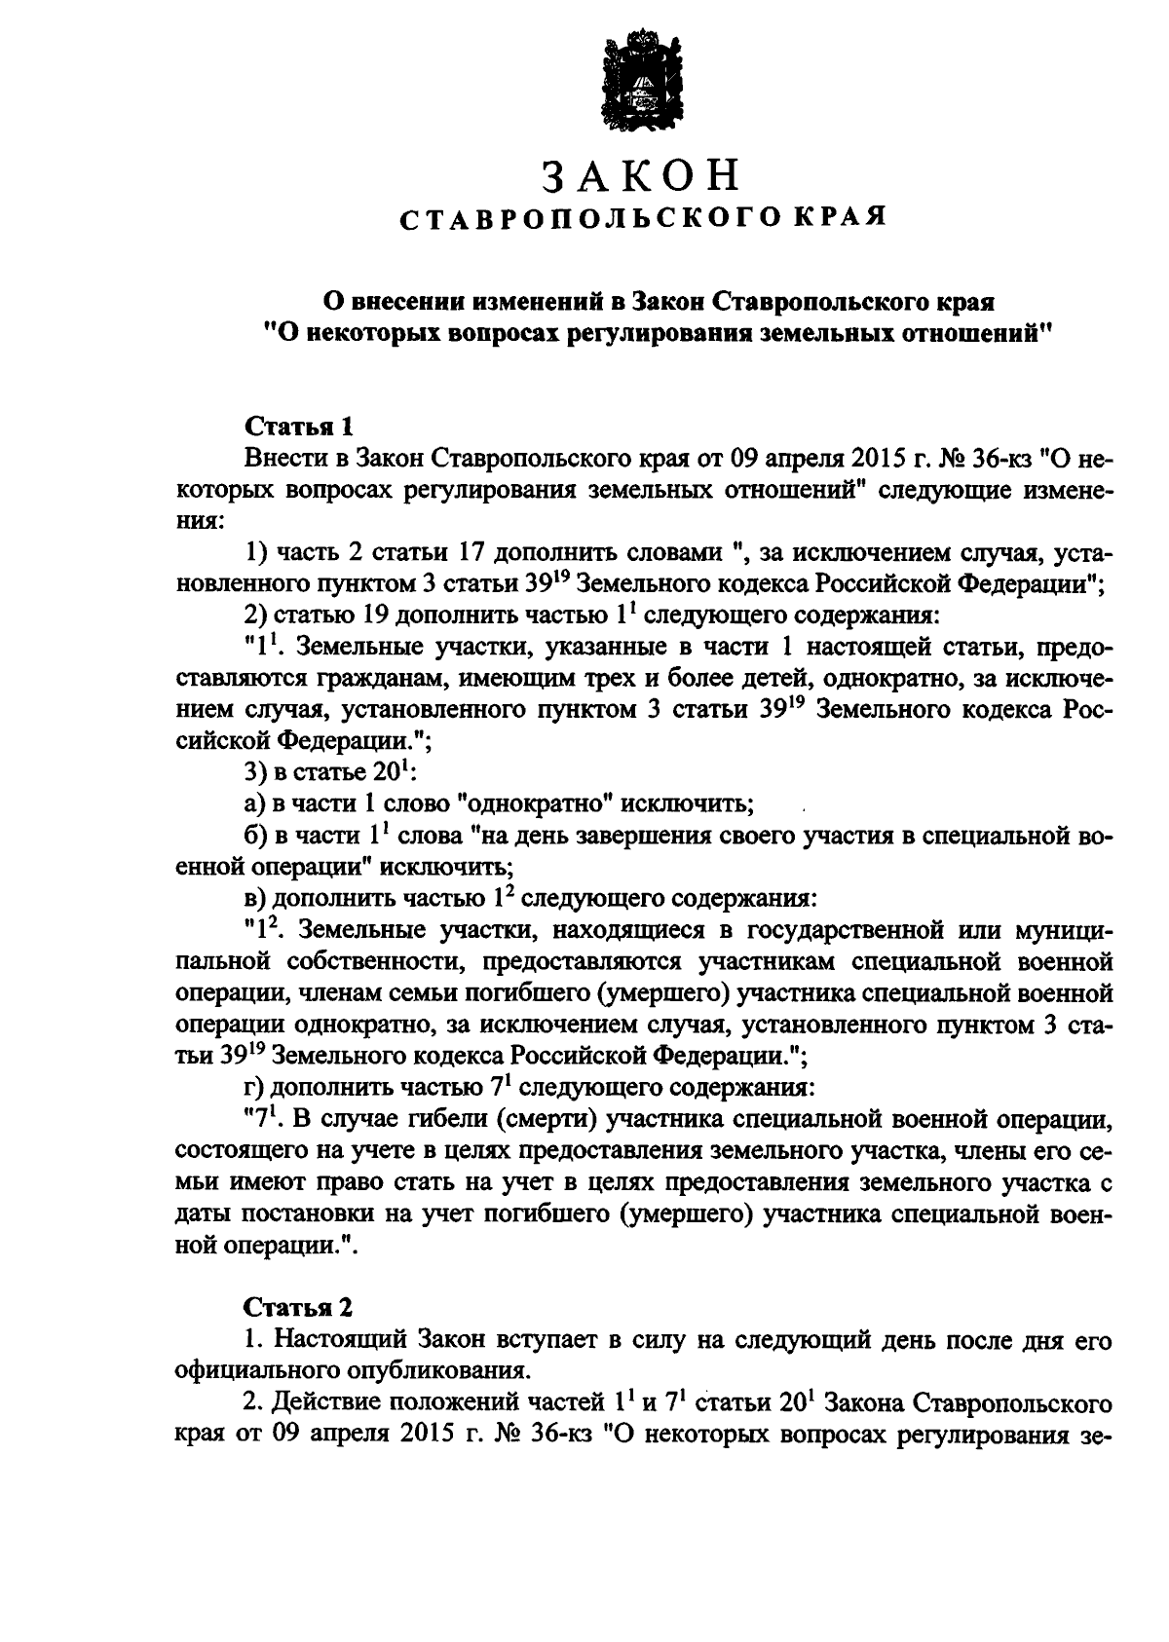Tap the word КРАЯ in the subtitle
(843, 218)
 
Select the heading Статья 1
(298, 427)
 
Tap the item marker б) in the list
(256, 837)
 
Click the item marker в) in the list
(256, 898)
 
